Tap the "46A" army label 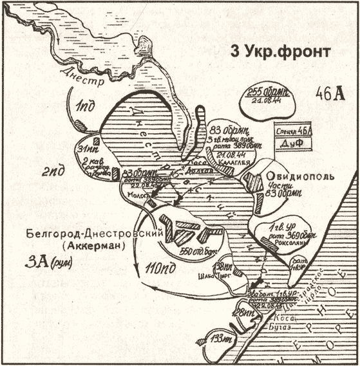[329, 92]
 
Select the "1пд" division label [85, 105]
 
